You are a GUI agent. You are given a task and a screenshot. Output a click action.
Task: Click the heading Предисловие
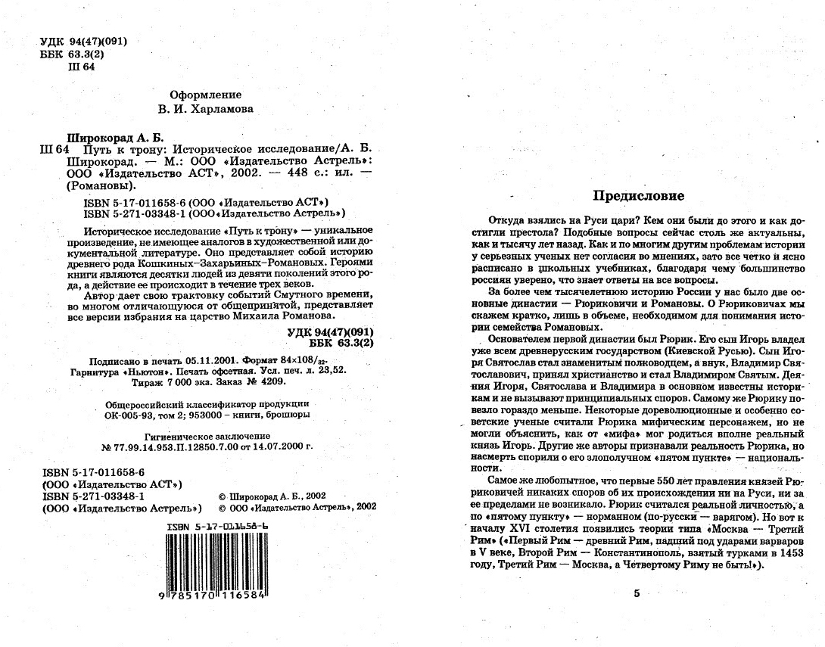[x=639, y=196]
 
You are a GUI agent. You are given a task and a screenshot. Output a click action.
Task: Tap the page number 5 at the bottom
[x=637, y=593]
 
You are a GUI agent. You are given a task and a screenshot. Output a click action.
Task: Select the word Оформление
[x=206, y=95]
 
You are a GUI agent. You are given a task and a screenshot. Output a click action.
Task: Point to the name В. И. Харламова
[x=206, y=109]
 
